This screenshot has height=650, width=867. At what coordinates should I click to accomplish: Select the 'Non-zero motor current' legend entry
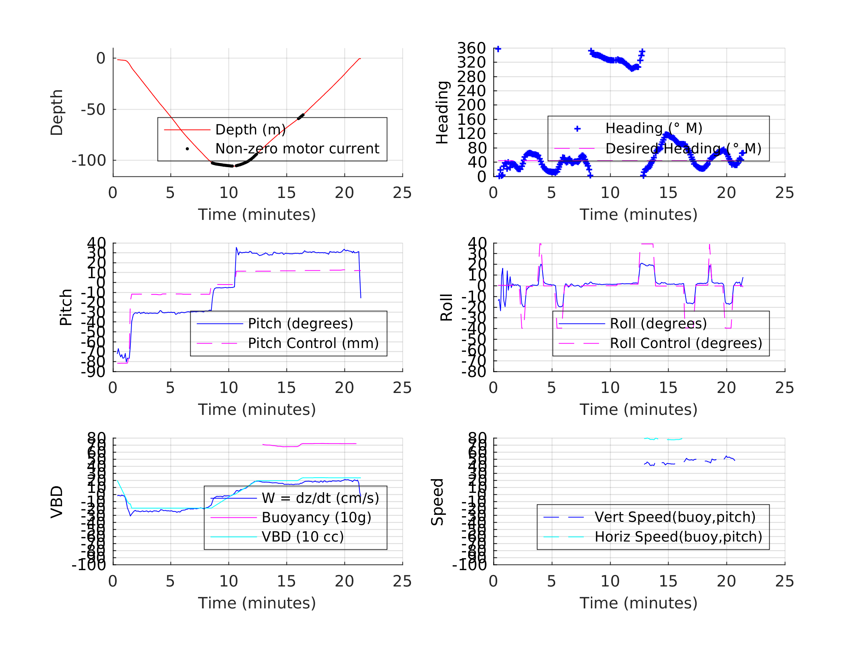coord(297,149)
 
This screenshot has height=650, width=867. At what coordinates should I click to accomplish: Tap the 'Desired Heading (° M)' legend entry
coord(683,149)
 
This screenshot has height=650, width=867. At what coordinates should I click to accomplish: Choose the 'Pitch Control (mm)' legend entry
coord(313,343)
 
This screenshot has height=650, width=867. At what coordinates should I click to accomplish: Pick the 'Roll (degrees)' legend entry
coord(658,324)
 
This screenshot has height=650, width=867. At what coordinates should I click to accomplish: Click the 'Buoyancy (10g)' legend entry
coord(316,517)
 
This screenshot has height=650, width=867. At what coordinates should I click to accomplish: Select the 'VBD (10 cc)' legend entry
coord(302,537)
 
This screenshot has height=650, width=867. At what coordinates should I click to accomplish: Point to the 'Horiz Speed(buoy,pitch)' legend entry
coord(678,537)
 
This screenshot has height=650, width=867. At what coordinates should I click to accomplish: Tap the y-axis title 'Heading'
coord(443,113)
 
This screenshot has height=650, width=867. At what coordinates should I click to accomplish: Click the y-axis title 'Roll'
coord(447,308)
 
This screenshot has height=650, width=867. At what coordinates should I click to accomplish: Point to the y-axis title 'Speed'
coord(437,502)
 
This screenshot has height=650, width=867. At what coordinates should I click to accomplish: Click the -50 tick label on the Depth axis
coord(93,110)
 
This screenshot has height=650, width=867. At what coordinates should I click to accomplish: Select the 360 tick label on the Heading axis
coord(472,49)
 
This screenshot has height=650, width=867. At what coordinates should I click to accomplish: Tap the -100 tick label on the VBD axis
coord(89,565)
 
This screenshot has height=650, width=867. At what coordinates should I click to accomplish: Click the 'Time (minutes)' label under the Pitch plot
coord(257,409)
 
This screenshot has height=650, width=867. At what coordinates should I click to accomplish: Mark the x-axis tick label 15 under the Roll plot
coord(668,388)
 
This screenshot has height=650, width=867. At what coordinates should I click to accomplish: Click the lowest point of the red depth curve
coord(234,166)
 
